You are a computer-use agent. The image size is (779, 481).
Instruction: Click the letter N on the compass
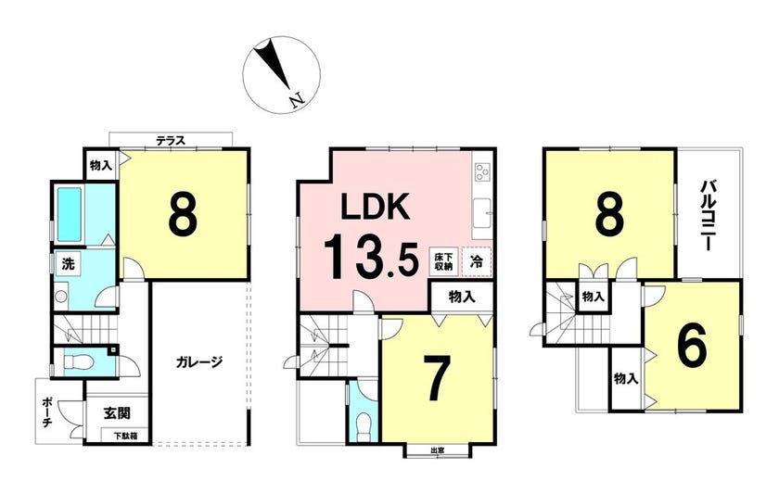pyautogui.click(x=297, y=100)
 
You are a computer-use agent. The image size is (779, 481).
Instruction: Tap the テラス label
pyautogui.click(x=171, y=141)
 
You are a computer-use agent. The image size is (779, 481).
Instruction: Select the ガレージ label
pyautogui.click(x=198, y=361)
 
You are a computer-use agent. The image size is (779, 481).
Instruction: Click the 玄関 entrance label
pyautogui.click(x=117, y=413)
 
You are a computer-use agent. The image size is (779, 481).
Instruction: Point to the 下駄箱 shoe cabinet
pyautogui.click(x=124, y=437)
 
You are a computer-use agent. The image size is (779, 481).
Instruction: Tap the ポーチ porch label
pyautogui.click(x=47, y=411)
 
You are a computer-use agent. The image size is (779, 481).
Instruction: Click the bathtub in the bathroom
pyautogui.click(x=69, y=214)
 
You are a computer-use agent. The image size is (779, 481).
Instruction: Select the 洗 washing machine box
pyautogui.click(x=69, y=263)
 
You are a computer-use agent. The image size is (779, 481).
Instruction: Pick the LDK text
pyautogui.click(x=376, y=207)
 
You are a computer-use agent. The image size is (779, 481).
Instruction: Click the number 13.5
pyautogui.click(x=372, y=257)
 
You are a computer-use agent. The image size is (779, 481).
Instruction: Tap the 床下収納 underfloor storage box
pyautogui.click(x=443, y=261)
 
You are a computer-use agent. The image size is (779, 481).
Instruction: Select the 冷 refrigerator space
pyautogui.click(x=477, y=261)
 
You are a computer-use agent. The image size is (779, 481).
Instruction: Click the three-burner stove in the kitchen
pyautogui.click(x=482, y=171)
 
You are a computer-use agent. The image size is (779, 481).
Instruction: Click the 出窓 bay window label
pyautogui.click(x=437, y=450)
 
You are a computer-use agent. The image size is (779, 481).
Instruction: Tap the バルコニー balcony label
pyautogui.click(x=708, y=216)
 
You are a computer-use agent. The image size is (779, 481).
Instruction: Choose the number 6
pyautogui.click(x=692, y=348)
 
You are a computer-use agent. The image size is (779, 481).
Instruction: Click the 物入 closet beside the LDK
pyautogui.click(x=462, y=297)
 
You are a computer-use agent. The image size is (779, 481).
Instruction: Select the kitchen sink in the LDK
pyautogui.click(x=482, y=213)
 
